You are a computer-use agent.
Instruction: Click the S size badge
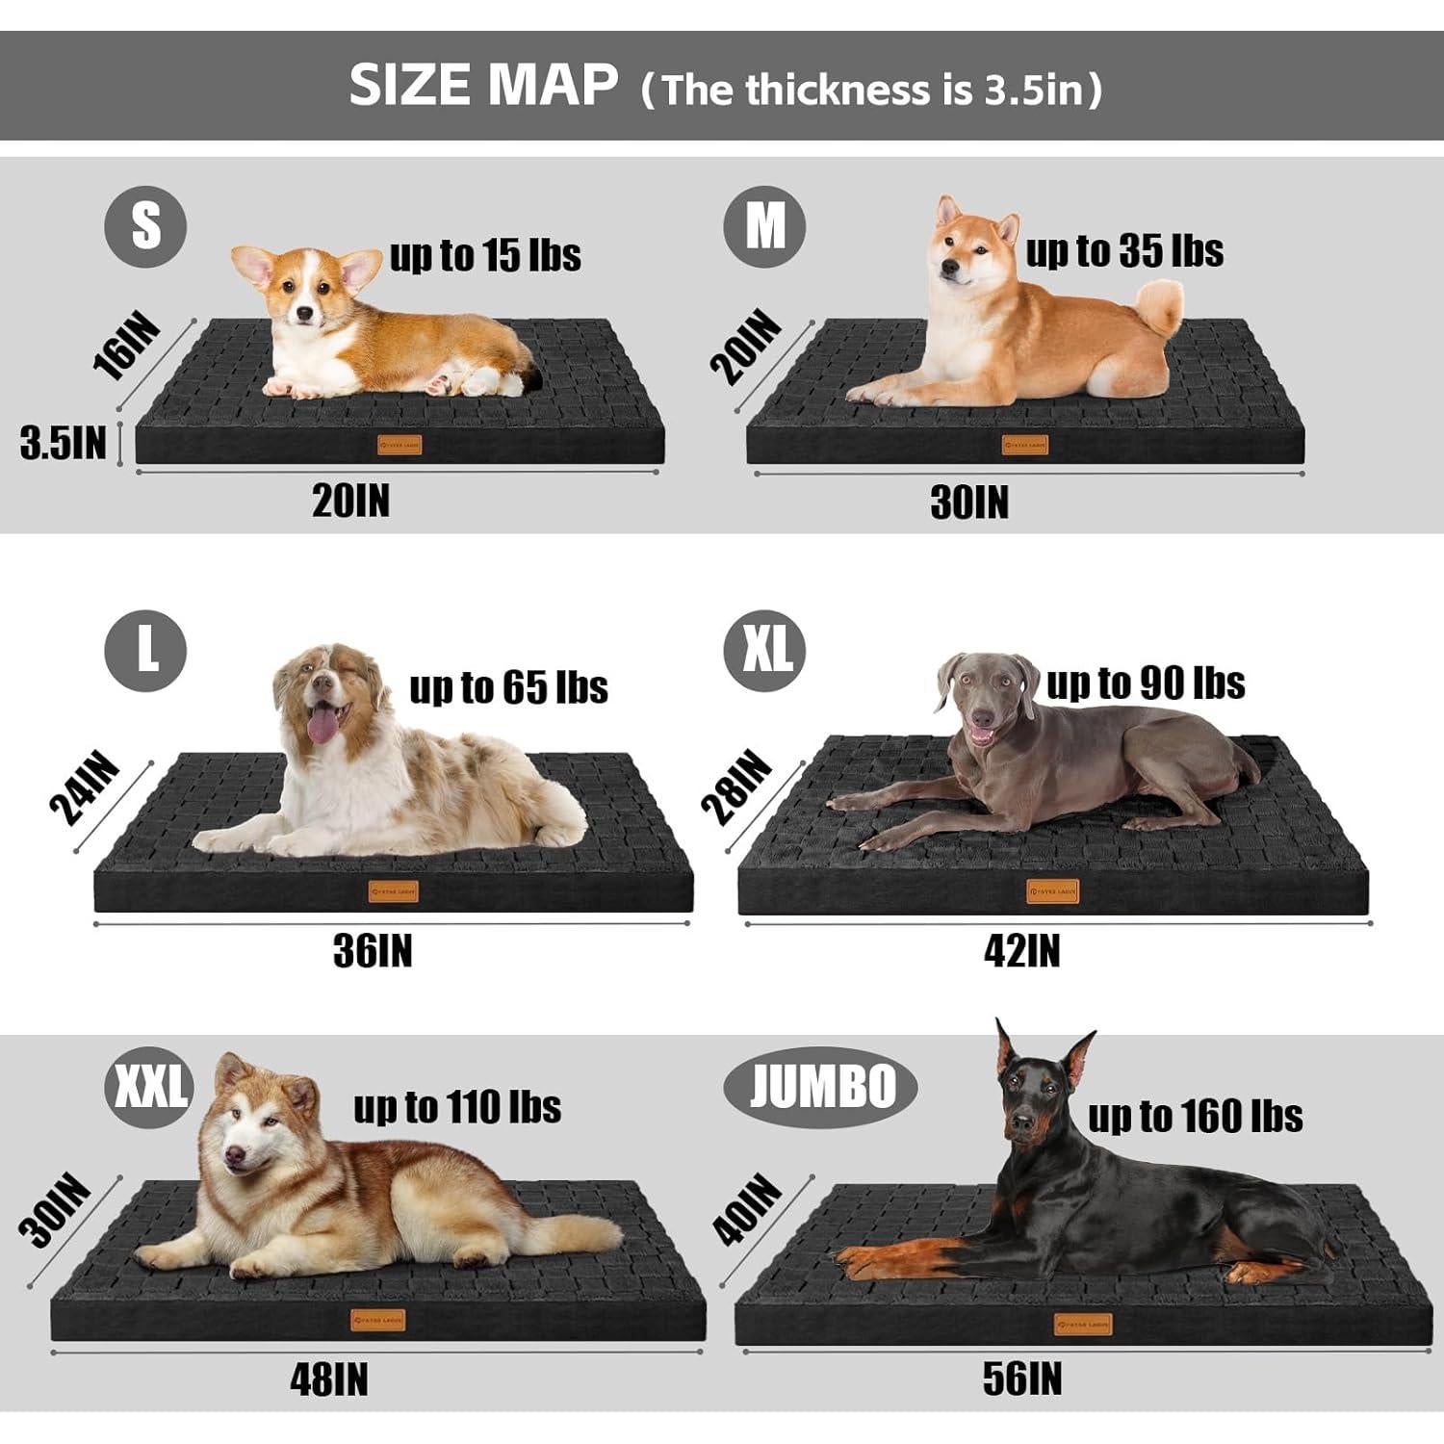pos(145,226)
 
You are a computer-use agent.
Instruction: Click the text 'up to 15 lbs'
pos(485,256)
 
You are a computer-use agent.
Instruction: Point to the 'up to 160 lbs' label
pos(1195,1117)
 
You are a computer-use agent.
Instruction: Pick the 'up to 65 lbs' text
pos(508,687)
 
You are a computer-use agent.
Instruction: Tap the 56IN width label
pos(1021,1379)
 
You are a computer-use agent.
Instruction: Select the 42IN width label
pos(1021,951)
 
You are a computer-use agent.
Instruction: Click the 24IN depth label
pos(85,789)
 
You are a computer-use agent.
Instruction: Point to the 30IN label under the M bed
pos(969,503)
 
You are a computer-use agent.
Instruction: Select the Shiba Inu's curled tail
pos(1158,306)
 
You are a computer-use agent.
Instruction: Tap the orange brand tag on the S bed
pos(400,445)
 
